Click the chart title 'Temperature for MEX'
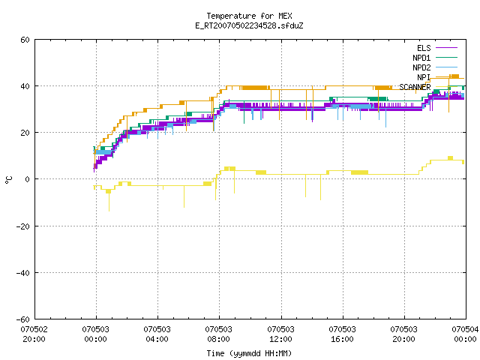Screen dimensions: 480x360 249,16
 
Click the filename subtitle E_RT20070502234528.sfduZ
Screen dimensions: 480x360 249,25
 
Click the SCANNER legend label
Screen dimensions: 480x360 415,87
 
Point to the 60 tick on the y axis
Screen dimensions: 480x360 25,40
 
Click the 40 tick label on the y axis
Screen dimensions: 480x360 25,86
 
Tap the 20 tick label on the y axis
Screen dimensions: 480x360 25,133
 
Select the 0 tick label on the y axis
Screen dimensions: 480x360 28,179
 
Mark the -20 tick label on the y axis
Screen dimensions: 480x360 23,226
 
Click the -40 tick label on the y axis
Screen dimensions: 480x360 23,273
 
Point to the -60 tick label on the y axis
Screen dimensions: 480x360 23,319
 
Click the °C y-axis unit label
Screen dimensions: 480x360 9,180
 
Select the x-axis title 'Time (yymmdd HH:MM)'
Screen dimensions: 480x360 249,353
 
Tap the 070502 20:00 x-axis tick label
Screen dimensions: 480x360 34,334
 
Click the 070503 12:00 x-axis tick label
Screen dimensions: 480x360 280,334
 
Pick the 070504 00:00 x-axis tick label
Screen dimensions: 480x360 465,334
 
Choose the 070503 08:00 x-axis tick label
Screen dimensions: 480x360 218,334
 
